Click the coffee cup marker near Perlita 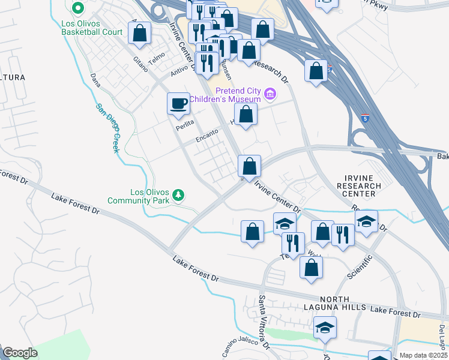[178, 104]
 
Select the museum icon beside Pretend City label [270, 94]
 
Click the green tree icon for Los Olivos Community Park [178, 195]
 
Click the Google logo [20, 353]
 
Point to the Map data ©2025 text [423, 355]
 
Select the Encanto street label [206, 137]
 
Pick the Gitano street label [140, 64]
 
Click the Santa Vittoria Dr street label [262, 318]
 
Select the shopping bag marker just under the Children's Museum [246, 114]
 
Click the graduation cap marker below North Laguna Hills [325, 328]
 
